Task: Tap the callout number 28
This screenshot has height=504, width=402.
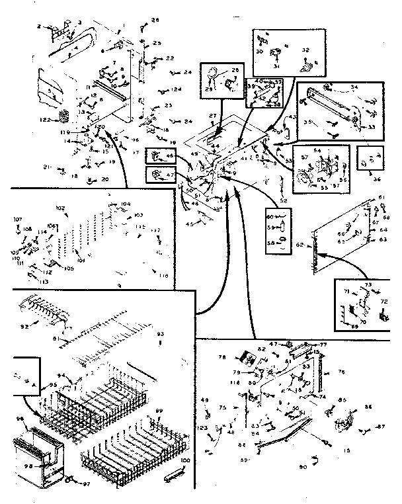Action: pyautogui.click(x=155, y=21)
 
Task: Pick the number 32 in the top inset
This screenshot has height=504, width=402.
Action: pyautogui.click(x=305, y=50)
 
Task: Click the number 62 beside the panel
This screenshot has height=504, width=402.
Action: pyautogui.click(x=300, y=245)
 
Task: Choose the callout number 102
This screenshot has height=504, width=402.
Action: pyautogui.click(x=60, y=208)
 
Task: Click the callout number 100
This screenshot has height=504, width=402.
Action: pyautogui.click(x=185, y=459)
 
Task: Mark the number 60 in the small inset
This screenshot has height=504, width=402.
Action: pyautogui.click(x=270, y=216)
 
